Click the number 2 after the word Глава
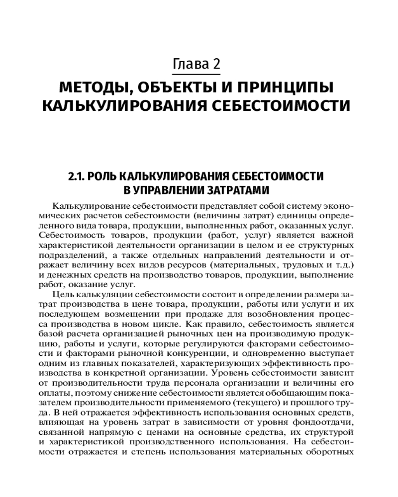click(215, 64)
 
